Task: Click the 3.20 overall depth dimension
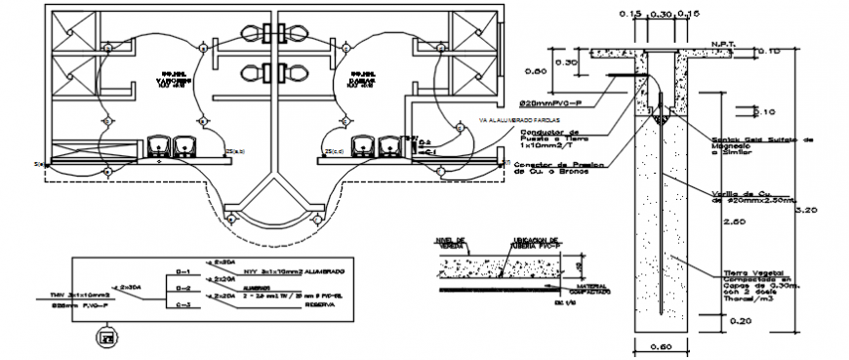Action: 806,209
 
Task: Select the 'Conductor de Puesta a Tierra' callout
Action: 552,140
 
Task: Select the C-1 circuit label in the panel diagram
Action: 182,272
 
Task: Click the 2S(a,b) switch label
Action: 234,152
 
